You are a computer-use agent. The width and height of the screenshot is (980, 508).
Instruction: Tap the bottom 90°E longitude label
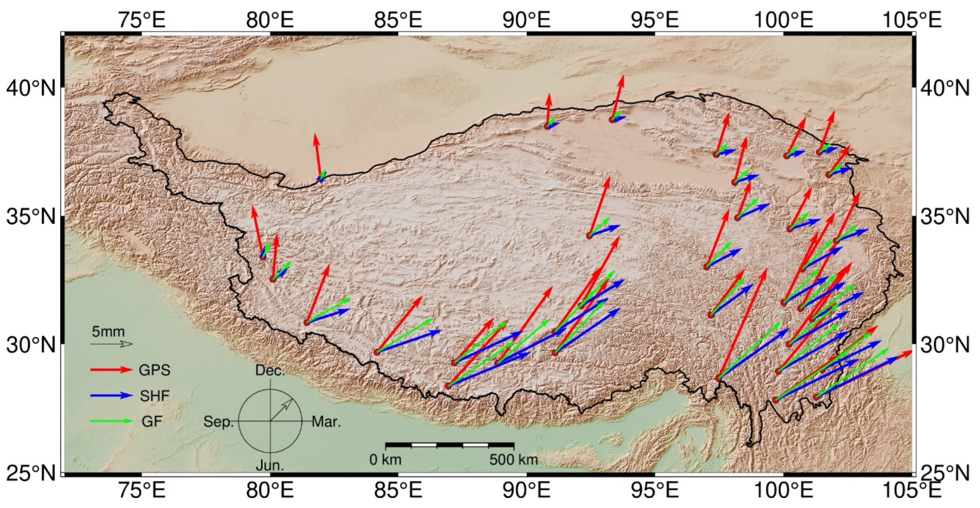[527, 490]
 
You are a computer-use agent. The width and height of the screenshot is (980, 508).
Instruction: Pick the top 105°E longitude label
[911, 20]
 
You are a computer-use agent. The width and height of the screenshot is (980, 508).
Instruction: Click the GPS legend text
[155, 370]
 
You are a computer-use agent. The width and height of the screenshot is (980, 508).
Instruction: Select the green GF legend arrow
[111, 421]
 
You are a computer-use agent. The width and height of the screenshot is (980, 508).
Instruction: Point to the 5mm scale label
[108, 332]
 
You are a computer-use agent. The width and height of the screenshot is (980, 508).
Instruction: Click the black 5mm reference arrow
[111, 344]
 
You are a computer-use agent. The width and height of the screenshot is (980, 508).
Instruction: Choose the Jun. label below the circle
[270, 465]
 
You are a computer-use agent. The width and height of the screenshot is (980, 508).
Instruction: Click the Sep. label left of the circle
[218, 422]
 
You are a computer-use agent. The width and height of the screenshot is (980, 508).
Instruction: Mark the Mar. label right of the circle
[327, 422]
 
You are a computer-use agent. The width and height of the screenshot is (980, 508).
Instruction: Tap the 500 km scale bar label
[514, 460]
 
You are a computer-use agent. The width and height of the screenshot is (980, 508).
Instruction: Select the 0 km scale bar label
[385, 460]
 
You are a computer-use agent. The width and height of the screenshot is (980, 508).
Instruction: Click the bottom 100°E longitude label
[783, 490]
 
